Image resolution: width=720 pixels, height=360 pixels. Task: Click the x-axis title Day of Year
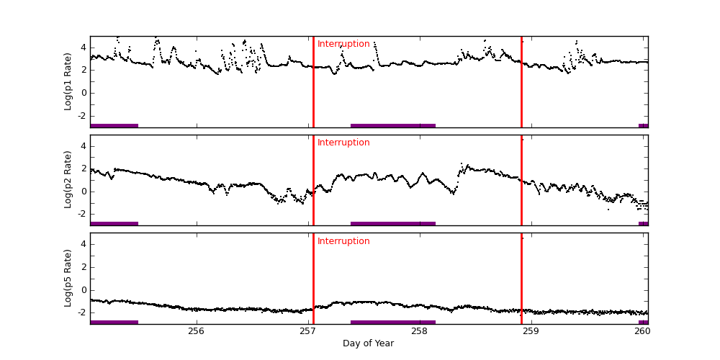368,343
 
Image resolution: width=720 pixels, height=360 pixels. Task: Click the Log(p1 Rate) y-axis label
68,81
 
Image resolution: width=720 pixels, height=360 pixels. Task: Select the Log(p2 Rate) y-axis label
68,179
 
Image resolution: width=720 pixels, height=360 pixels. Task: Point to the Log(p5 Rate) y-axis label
68,278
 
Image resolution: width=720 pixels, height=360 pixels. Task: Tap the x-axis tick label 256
196,331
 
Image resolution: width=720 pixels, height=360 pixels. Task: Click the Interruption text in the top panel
343,44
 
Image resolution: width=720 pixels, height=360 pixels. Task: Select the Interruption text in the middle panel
343,143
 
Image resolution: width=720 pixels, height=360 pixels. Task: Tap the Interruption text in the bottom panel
343,241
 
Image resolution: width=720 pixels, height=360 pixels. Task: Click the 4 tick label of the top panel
83,48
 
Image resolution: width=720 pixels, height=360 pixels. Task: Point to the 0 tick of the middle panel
83,191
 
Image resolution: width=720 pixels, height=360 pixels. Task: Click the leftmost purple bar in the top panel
114,125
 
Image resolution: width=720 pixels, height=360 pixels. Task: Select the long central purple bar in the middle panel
393,223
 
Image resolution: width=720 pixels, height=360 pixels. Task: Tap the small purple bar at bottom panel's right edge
643,322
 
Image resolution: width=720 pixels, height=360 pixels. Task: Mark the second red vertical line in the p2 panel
521,180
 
